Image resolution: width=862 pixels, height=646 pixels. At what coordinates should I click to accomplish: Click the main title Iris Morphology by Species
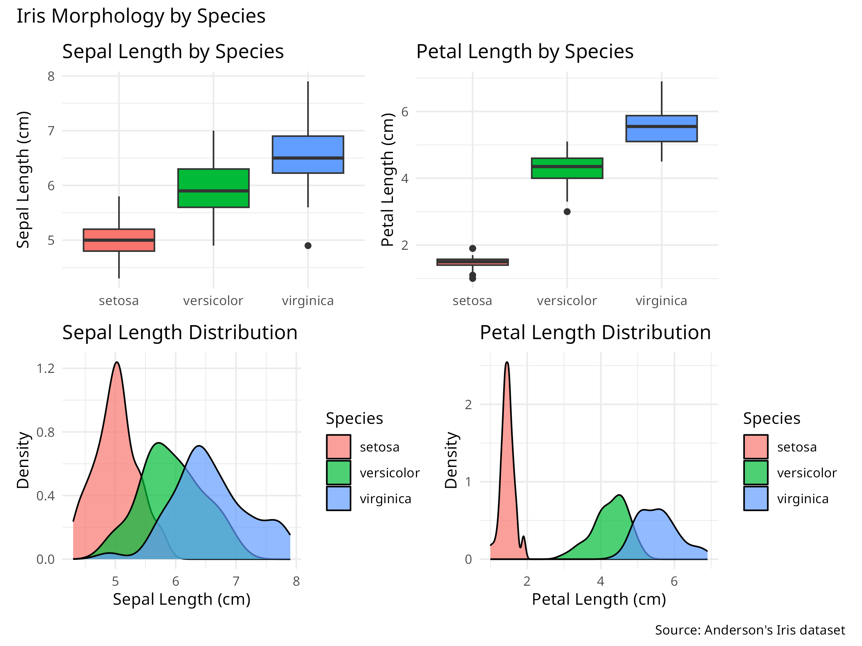point(141,17)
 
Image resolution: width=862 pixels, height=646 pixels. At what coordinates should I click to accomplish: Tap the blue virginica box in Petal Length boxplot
point(661,128)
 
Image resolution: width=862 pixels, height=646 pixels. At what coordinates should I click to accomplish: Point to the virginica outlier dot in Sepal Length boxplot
point(308,246)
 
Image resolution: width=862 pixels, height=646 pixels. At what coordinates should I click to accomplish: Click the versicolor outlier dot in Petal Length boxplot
point(567,212)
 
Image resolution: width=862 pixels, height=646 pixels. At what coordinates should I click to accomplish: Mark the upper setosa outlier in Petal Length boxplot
point(473,248)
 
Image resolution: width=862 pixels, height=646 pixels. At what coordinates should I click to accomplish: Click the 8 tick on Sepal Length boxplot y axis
point(51,76)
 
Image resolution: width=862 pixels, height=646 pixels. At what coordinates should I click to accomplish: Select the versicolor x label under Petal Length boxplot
point(567,301)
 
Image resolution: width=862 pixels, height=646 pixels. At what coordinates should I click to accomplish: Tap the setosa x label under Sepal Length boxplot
point(119,301)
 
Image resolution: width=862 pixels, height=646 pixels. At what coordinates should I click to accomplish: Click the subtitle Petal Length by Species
point(524,51)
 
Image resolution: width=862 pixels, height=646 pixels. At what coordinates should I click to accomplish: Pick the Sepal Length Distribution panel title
point(180,333)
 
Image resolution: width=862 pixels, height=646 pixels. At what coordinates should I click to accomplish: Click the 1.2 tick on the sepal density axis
point(46,368)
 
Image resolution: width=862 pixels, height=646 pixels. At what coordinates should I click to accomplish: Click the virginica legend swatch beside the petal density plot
point(756,498)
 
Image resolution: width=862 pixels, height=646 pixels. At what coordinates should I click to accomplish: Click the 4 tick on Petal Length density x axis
point(601,581)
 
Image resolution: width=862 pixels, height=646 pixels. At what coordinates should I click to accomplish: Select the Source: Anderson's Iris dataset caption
point(750,630)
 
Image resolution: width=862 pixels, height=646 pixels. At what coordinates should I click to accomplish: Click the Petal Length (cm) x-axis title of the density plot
point(599,599)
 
